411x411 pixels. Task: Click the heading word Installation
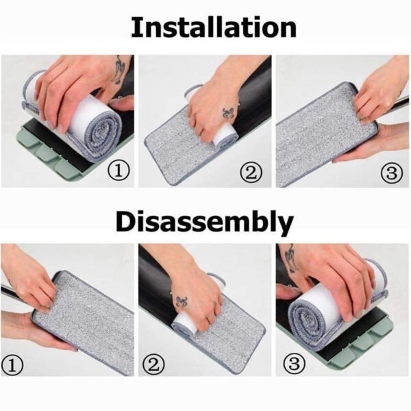(213, 27)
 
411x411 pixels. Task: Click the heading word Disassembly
(204, 223)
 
